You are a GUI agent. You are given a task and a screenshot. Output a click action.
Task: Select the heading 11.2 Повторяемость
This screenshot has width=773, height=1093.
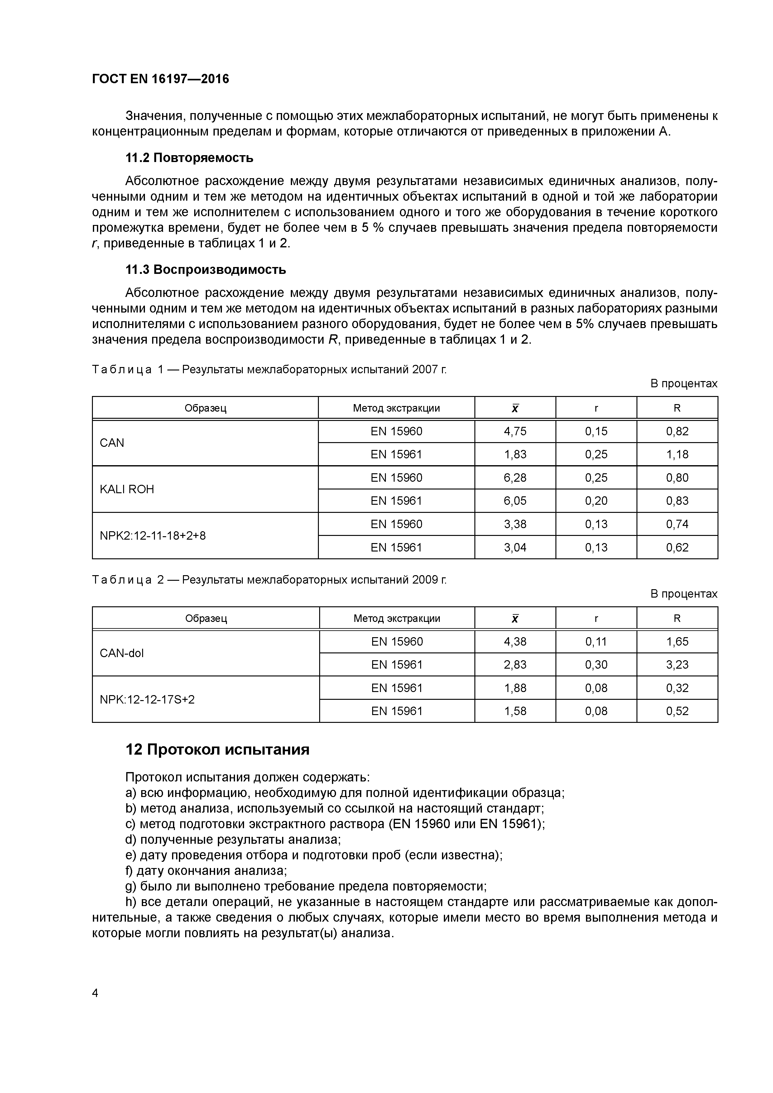point(189,158)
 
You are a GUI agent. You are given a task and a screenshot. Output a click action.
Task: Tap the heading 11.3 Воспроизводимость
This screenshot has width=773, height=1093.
point(205,270)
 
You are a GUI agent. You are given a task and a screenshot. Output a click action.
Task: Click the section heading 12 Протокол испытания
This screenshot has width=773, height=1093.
point(217,749)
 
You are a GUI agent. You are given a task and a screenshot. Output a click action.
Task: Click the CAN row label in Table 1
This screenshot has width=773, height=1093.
point(112,443)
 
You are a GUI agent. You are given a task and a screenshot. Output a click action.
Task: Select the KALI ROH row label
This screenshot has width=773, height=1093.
point(127,489)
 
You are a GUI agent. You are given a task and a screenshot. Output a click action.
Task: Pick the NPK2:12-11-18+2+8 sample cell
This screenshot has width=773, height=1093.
point(152,536)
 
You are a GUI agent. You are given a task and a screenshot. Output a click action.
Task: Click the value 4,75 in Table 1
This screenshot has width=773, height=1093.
point(515,431)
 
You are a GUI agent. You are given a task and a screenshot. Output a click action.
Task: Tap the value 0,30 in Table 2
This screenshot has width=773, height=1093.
point(596,665)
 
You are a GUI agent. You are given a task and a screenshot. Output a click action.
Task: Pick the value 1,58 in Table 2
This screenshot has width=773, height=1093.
point(515,711)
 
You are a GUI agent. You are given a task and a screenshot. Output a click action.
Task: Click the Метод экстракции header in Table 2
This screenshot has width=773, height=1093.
point(397,618)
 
